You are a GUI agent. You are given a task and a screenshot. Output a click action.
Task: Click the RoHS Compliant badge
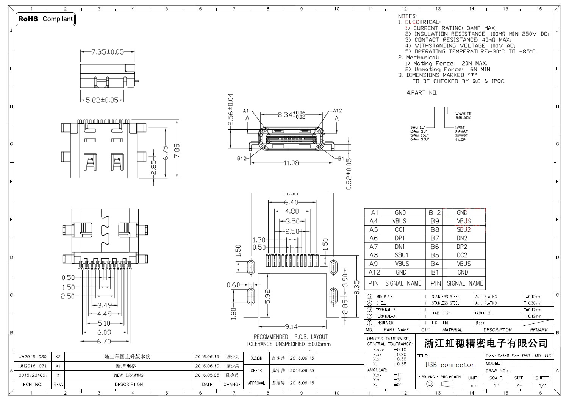pos(45,19)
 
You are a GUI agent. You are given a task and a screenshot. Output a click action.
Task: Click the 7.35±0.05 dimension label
pos(108,52)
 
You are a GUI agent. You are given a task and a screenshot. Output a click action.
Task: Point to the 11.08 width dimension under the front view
pos(291,163)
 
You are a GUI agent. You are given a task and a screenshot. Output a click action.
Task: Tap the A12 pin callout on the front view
pos(337,111)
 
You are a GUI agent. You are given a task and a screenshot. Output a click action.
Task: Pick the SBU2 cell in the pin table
pos(463,229)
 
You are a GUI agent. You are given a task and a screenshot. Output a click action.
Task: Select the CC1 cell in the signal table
pos(400,229)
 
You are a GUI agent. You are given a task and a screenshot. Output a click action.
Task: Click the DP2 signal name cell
pos(462,247)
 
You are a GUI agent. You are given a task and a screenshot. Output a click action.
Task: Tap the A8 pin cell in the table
pos(374,255)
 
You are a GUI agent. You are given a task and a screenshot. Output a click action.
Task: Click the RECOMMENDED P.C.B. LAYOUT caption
pos(291,337)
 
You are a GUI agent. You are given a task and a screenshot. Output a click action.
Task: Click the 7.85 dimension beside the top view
pos(177,151)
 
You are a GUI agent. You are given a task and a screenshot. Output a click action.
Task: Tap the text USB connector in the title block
pos(450,365)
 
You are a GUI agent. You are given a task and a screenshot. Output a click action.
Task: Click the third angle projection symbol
pos(439,384)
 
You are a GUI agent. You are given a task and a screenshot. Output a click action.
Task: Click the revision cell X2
pos(58,357)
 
